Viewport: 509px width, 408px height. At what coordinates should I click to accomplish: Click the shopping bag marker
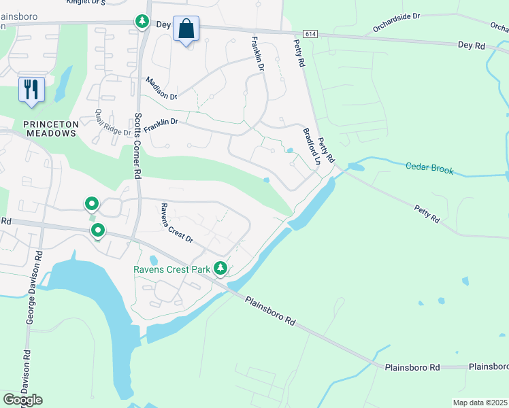tap(186, 30)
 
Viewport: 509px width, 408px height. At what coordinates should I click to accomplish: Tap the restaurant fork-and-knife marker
tap(31, 90)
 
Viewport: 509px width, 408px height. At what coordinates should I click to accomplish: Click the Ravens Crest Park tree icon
tap(220, 269)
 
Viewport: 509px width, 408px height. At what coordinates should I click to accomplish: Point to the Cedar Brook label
tap(429, 167)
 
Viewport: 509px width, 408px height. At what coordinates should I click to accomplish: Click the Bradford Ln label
tap(312, 147)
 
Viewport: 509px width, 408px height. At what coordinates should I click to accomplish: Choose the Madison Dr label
tap(161, 89)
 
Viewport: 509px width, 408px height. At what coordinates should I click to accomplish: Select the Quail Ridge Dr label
tap(112, 122)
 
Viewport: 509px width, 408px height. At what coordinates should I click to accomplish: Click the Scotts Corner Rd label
tap(137, 145)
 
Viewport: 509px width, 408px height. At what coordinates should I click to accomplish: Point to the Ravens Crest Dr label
tap(177, 224)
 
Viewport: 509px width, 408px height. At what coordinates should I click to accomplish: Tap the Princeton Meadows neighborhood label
tap(50, 129)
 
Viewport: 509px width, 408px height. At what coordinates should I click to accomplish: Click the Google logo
tap(22, 400)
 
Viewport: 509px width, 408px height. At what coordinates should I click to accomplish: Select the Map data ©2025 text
tap(480, 403)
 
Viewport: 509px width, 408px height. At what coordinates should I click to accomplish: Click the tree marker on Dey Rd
tap(142, 22)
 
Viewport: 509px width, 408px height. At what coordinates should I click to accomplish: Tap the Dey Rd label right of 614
tap(472, 45)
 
